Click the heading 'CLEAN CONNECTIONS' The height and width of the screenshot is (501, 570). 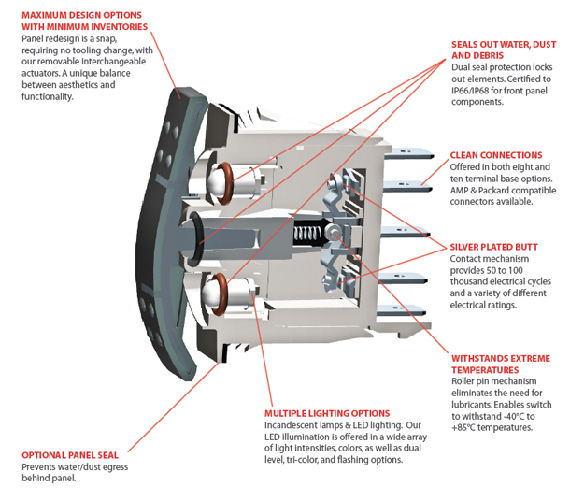(495, 155)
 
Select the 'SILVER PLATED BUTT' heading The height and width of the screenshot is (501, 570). (493, 247)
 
